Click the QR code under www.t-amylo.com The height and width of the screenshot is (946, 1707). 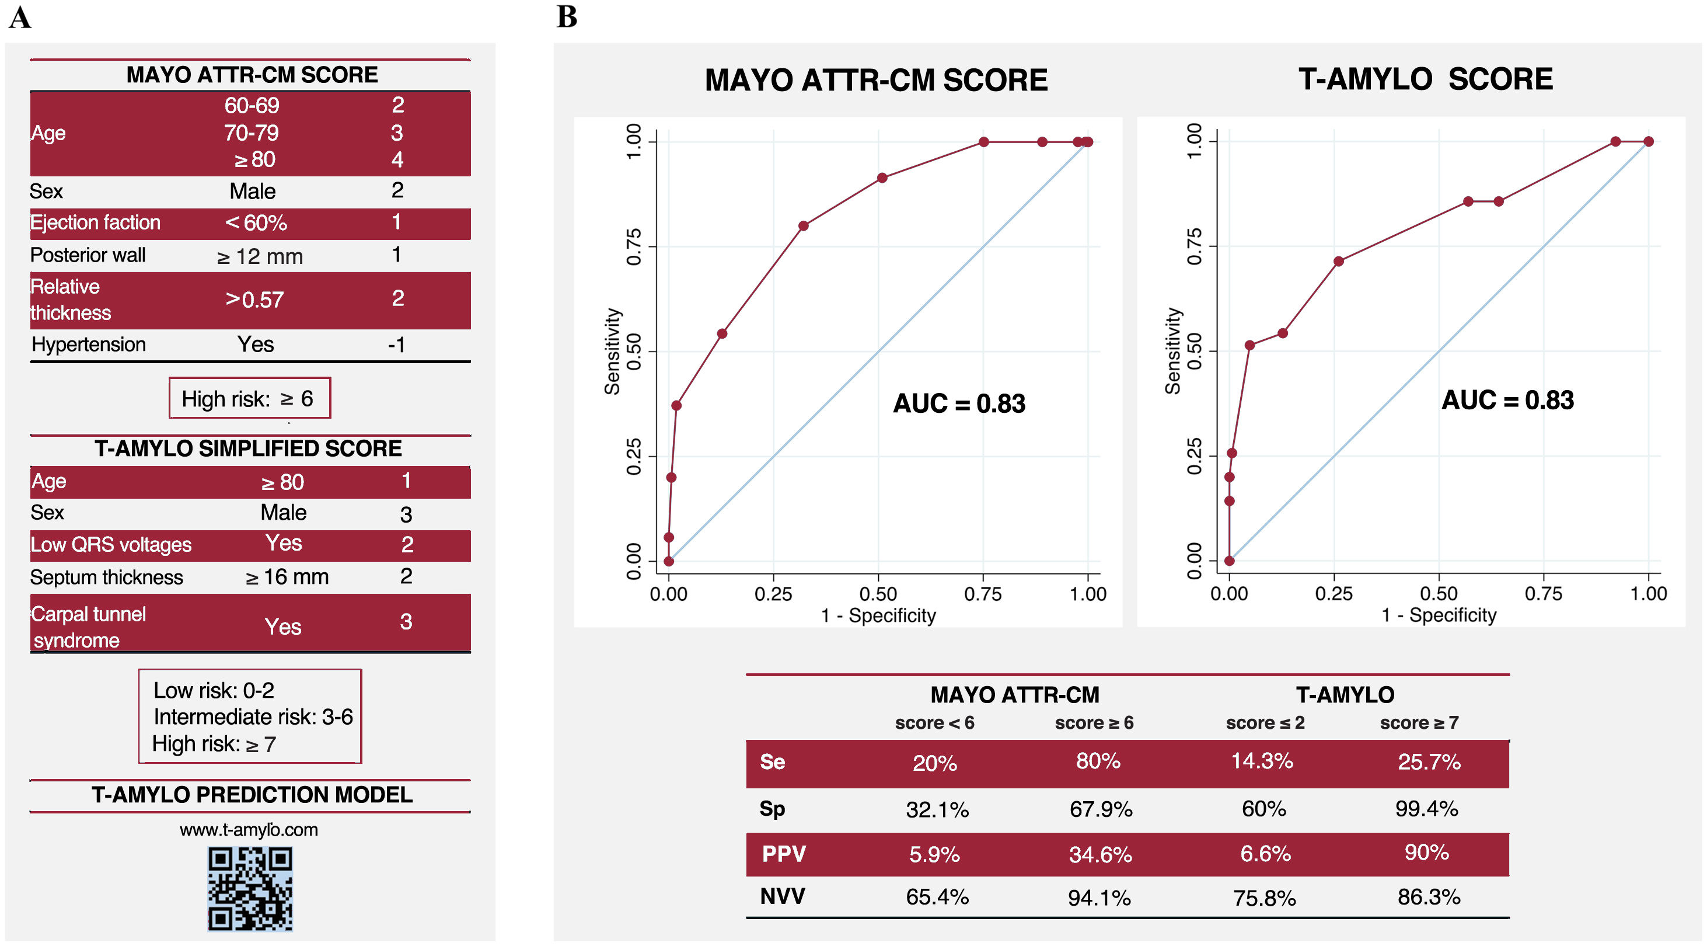point(250,888)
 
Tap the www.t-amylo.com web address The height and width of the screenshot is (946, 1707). point(249,829)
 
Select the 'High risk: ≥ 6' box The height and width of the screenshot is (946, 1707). point(249,398)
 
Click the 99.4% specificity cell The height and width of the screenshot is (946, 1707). point(1426,809)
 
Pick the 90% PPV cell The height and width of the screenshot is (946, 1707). point(1426,853)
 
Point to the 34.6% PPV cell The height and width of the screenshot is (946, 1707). point(1100,854)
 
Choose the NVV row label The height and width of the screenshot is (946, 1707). point(782,896)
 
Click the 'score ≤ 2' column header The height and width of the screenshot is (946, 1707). point(1265,722)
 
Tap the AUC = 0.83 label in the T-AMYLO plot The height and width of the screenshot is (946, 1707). point(1507,401)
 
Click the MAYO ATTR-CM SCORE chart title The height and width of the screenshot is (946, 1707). point(876,80)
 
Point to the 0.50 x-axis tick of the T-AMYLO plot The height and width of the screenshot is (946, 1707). point(1439,593)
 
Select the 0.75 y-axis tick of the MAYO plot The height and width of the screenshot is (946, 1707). point(634,246)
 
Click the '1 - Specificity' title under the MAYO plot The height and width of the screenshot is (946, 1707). point(878,616)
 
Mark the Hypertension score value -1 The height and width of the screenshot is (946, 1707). point(396,345)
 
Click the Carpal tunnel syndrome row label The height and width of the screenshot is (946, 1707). point(88,627)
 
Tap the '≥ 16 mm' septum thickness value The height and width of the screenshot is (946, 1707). point(287,577)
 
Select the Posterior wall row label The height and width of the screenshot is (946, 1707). point(88,255)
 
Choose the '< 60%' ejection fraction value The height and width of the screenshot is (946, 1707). point(256,222)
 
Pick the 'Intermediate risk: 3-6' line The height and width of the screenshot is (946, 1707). point(253,717)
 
